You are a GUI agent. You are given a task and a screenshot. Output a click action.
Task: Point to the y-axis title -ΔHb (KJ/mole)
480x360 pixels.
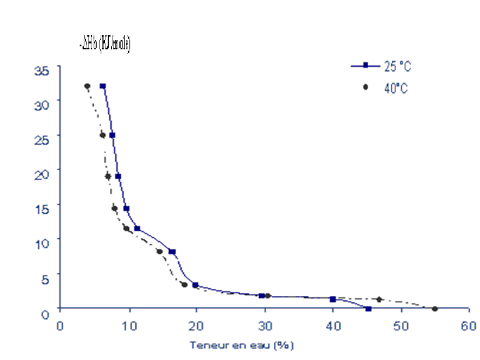[106, 44]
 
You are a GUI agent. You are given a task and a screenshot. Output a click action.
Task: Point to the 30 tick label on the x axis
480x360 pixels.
[265, 326]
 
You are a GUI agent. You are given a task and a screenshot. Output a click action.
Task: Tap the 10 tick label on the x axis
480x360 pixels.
[129, 326]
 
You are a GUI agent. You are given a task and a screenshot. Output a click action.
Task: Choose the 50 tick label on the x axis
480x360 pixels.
[400, 326]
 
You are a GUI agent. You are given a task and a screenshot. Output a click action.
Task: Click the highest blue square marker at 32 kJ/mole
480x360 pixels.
[103, 86]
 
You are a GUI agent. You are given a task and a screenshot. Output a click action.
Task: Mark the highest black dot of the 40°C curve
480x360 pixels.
[87, 86]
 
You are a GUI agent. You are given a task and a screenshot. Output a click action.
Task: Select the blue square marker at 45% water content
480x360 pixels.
[368, 309]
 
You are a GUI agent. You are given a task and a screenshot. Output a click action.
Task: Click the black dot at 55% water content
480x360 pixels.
[435, 309]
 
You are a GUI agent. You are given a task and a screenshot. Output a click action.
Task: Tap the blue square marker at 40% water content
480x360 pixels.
[332, 299]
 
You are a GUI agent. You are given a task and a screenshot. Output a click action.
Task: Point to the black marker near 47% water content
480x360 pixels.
[379, 299]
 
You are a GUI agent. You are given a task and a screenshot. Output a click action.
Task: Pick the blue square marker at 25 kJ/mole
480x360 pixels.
[112, 135]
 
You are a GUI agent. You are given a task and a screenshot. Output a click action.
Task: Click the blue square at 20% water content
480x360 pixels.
[195, 285]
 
